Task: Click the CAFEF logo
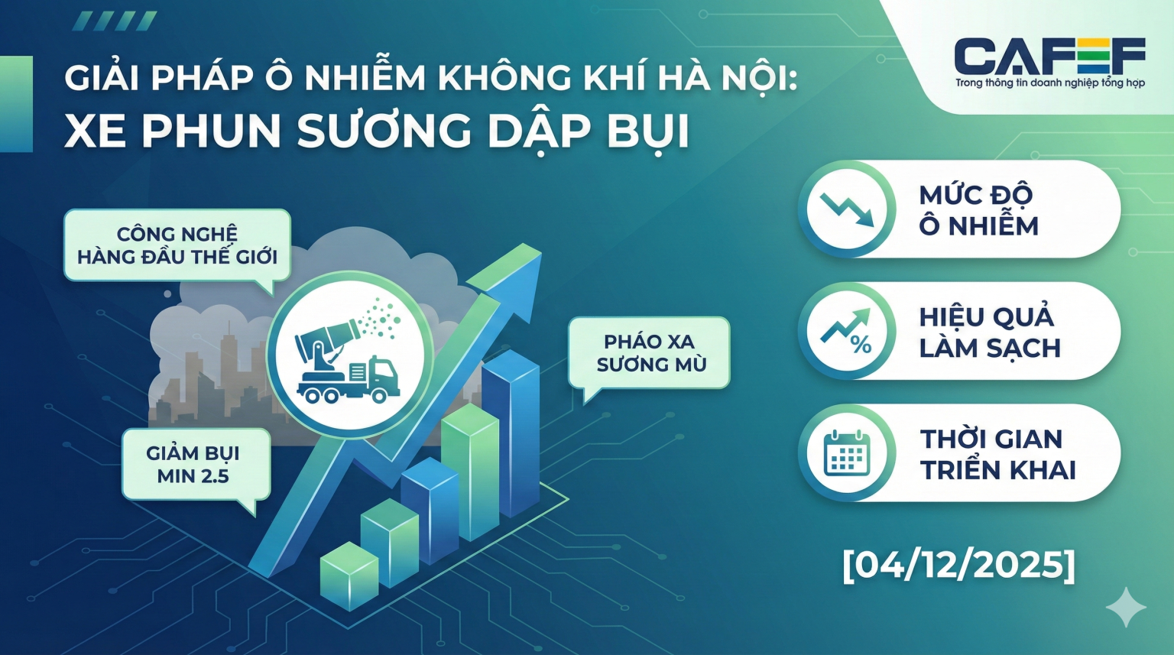tap(1049, 56)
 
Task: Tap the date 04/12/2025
tap(958, 565)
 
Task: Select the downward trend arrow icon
tap(847, 209)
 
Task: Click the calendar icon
tap(847, 453)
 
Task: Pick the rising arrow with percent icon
tap(847, 331)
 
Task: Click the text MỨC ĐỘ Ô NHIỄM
tap(978, 210)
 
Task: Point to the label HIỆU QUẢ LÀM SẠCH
tap(989, 332)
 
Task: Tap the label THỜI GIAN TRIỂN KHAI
tap(997, 454)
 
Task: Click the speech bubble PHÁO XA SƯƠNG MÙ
tap(650, 352)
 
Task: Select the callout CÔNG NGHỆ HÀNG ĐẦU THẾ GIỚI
tap(177, 245)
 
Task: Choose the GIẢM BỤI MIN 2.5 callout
tap(193, 464)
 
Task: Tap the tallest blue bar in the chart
tap(511, 432)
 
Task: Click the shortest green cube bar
tap(349, 575)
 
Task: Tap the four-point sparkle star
tap(1127, 608)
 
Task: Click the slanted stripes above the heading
tap(115, 21)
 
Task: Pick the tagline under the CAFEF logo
tap(1049, 83)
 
